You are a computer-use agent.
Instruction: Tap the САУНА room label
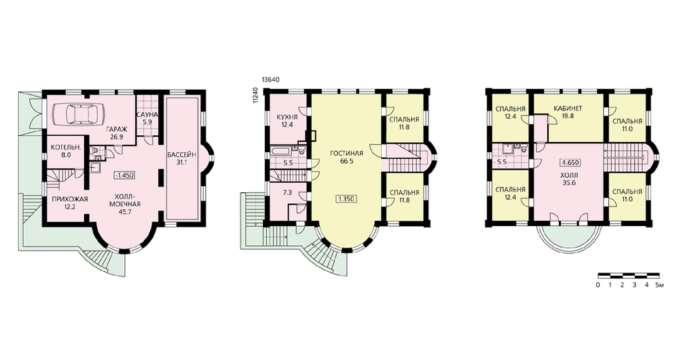(x=147, y=115)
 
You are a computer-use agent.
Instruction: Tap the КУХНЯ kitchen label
(x=287, y=118)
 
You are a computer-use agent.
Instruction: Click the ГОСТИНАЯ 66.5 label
(x=346, y=157)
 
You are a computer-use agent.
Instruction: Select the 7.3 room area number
(x=287, y=192)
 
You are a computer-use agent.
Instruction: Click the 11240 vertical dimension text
(x=255, y=95)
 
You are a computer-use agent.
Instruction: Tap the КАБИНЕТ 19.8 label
(x=568, y=112)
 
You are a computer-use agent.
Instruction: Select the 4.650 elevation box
(x=570, y=162)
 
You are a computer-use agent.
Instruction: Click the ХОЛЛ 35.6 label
(x=568, y=179)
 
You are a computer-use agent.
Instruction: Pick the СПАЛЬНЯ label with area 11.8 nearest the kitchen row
(x=404, y=123)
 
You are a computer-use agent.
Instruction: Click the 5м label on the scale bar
(x=659, y=285)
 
